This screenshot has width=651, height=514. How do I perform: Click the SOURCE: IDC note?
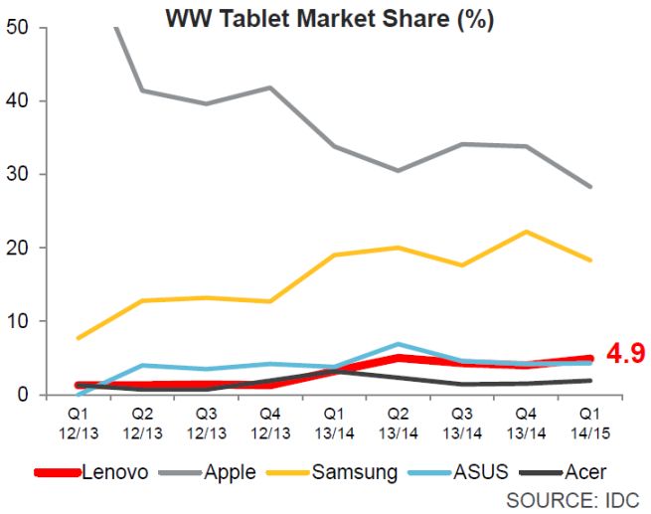click(x=571, y=498)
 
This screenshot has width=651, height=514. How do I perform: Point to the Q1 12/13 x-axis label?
click(x=79, y=418)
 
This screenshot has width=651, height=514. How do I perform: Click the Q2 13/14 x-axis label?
click(x=398, y=418)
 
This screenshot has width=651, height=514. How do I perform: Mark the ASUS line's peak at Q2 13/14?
click(x=399, y=344)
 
